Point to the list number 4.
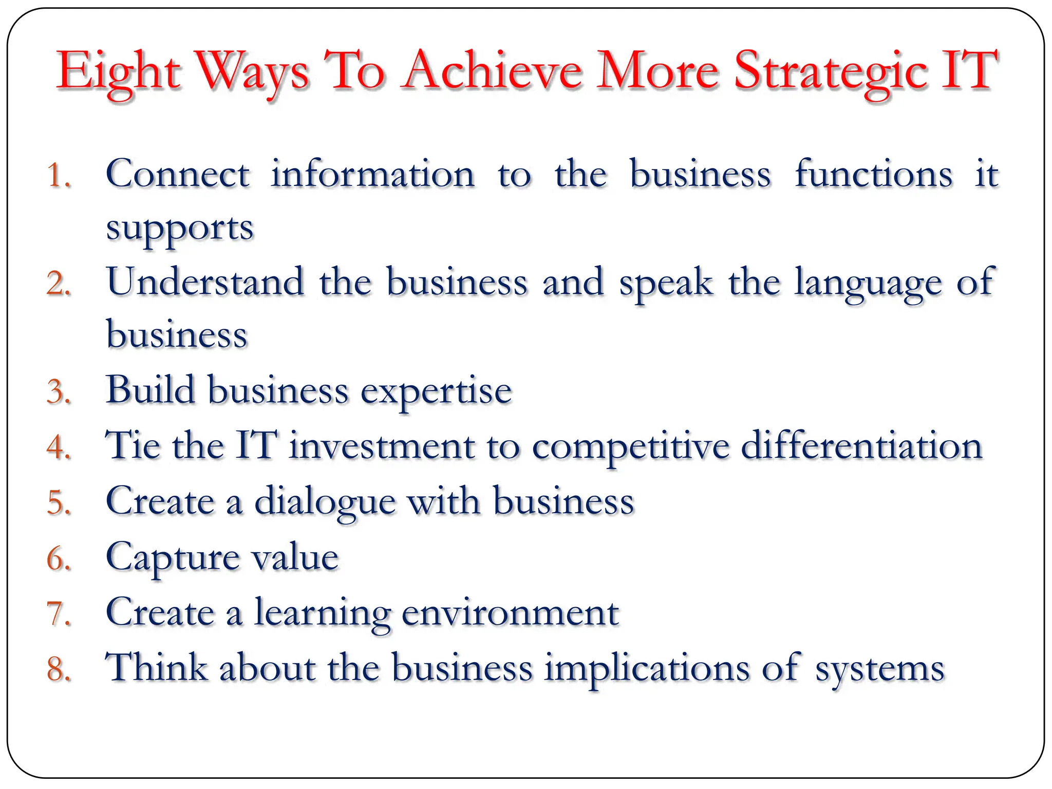(58, 446)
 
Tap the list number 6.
(58, 558)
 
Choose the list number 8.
(58, 669)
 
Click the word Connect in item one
(178, 174)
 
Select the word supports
(180, 229)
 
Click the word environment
(510, 613)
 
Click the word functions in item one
(874, 174)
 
